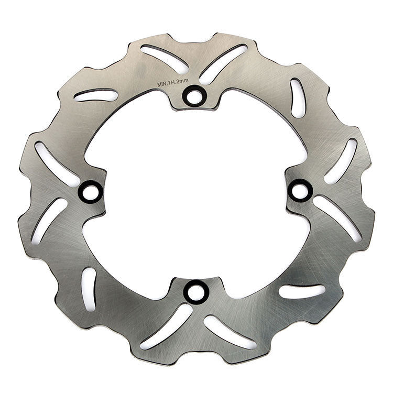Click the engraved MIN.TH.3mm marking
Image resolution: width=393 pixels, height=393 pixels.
173,82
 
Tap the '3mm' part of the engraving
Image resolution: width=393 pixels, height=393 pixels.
182,81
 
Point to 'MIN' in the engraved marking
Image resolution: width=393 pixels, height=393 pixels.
161,84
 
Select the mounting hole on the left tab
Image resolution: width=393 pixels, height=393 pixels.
91,192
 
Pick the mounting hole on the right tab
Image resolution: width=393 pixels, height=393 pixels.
300,191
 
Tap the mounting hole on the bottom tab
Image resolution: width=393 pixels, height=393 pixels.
196,292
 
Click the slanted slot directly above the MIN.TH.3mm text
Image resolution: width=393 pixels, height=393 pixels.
165,59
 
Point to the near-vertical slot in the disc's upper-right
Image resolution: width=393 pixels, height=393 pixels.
298,98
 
